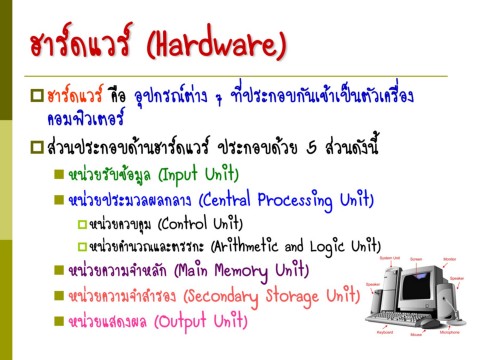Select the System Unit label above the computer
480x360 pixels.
click(x=389, y=257)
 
